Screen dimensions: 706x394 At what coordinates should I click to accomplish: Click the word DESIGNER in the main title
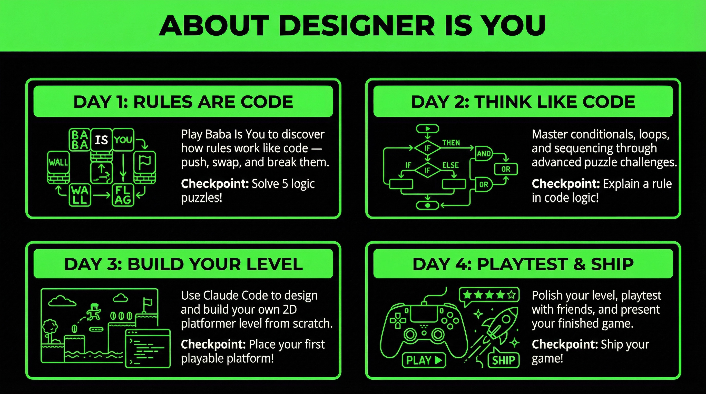[x=357, y=25]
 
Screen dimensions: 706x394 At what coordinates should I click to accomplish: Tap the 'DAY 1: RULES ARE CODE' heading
[x=183, y=102]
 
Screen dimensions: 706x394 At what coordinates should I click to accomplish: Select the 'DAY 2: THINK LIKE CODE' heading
[x=523, y=102]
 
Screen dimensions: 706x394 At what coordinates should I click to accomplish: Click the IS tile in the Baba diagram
[x=101, y=140]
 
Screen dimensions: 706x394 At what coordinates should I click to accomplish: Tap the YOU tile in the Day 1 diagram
[x=123, y=140]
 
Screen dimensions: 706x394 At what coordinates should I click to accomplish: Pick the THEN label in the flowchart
[x=451, y=143]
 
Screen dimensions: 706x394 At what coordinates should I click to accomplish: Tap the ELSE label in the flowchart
[x=450, y=165]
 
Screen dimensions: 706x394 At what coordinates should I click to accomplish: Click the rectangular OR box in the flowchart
[x=506, y=169]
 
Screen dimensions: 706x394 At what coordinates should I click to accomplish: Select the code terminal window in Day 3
[x=148, y=348]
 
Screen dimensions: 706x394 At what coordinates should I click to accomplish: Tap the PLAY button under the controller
[x=424, y=360]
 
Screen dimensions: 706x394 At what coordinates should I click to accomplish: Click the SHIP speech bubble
[x=504, y=359]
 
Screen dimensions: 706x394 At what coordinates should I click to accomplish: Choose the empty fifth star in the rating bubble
[x=511, y=295]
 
